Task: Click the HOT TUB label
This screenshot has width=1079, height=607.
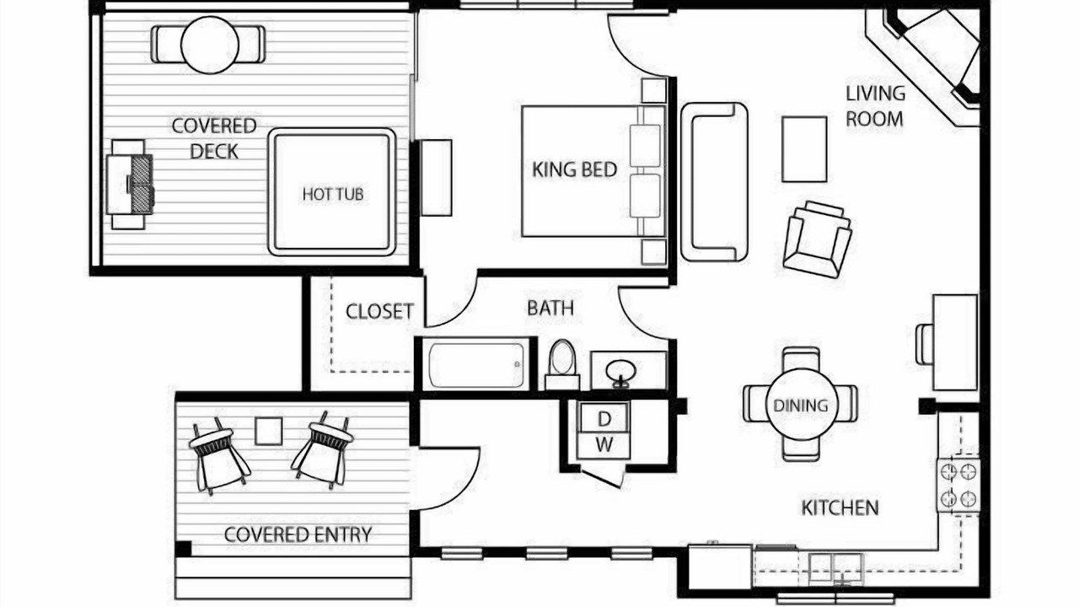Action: click(332, 194)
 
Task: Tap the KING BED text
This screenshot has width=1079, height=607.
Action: click(574, 169)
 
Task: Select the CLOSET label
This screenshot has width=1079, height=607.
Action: click(379, 311)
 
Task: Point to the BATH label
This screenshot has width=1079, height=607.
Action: click(550, 308)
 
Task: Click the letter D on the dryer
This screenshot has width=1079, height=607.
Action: click(604, 419)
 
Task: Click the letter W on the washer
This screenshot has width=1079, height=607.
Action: click(604, 444)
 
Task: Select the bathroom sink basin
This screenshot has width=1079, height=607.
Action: click(621, 373)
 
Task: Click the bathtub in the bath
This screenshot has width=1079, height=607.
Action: click(476, 365)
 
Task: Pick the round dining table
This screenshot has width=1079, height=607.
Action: click(802, 405)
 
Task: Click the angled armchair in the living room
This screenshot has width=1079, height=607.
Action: click(817, 239)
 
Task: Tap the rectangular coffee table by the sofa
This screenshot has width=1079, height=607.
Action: click(804, 149)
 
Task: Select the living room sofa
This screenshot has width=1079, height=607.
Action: click(714, 182)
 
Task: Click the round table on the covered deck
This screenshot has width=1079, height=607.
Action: click(210, 45)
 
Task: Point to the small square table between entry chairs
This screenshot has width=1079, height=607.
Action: click(268, 431)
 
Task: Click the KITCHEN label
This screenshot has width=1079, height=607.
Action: click(840, 508)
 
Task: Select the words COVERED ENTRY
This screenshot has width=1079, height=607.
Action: click(298, 534)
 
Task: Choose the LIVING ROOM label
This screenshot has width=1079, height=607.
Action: click(875, 106)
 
